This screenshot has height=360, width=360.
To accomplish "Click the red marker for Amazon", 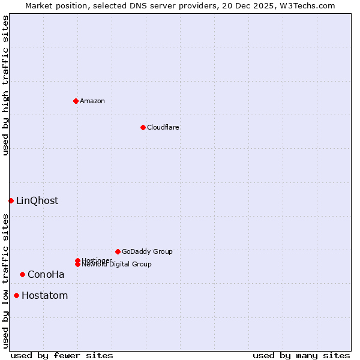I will tap(76, 101).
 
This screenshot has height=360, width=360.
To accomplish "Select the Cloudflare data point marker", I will tap(143, 127).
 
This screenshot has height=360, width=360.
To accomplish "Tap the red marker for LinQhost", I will tap(11, 200).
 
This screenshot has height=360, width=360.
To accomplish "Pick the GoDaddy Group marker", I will tap(118, 251).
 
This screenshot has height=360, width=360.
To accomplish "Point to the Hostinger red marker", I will tap(77, 260).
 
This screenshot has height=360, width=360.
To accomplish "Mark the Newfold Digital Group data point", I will tap(77, 265).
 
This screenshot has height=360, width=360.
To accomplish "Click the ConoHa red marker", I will tap(22, 274).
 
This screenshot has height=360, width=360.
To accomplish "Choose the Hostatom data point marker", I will tap(16, 295).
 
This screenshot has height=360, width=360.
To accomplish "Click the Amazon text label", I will tap(92, 101).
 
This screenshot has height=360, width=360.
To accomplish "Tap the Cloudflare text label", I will tap(163, 127).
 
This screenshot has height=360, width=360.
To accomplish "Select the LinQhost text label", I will tap(37, 200).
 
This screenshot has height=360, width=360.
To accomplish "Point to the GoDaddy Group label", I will tap(147, 251).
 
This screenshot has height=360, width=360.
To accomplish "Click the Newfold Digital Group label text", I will tap(116, 265).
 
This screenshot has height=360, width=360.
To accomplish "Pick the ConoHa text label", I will tap(46, 274).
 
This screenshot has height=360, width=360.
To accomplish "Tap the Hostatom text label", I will tap(45, 295).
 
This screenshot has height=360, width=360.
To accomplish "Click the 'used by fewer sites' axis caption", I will tap(62, 355).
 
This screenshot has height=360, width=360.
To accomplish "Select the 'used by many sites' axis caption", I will tap(301, 355).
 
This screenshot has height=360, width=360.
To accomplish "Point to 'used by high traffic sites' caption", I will tap(5, 85).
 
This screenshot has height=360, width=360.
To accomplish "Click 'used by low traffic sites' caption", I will tap(5, 281).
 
